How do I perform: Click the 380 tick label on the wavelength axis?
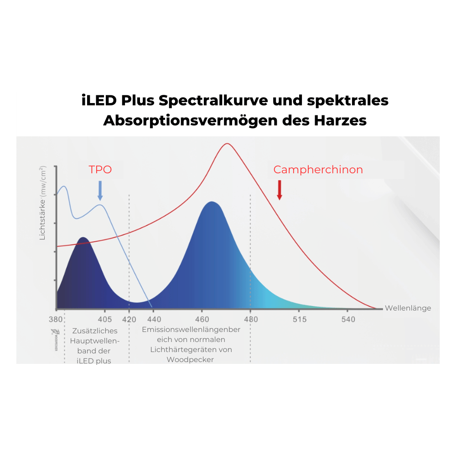coord(56,319)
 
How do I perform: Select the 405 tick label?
coord(105,319)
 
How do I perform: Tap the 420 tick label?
coord(129,319)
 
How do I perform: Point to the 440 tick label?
coord(154,319)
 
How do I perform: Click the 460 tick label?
coord(202,319)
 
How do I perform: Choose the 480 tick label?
coord(250,319)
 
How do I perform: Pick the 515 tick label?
coord(300,319)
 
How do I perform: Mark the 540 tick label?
coord(348,319)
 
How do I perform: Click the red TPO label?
coord(100,170)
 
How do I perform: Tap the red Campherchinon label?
coord(318,170)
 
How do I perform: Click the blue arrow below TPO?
coord(100,191)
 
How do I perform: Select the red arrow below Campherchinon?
coord(280,190)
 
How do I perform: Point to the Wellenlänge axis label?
coord(408,308)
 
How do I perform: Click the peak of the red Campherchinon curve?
coord(228,144)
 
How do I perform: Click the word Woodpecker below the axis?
coord(190,359)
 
